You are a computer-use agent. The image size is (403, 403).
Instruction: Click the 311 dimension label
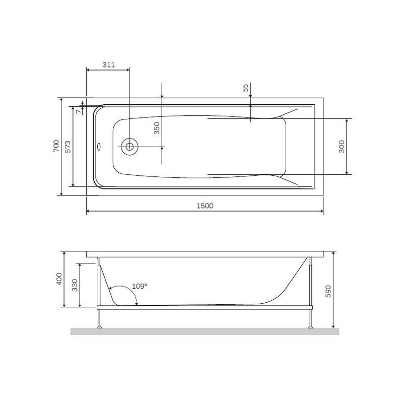[x=108, y=64]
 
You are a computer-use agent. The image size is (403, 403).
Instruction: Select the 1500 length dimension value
[x=206, y=206]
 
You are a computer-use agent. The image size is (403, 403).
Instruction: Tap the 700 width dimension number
[x=56, y=146]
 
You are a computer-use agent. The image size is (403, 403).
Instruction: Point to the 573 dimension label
[x=68, y=146]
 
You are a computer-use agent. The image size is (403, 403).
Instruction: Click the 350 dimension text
[x=157, y=127]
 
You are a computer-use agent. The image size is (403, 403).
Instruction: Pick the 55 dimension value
[x=245, y=88]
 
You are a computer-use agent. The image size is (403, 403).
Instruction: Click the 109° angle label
[x=140, y=286]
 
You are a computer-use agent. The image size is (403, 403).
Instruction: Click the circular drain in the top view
[x=129, y=147]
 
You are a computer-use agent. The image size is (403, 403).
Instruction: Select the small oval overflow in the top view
[x=99, y=148]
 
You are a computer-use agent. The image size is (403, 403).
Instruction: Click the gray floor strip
[x=205, y=331]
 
